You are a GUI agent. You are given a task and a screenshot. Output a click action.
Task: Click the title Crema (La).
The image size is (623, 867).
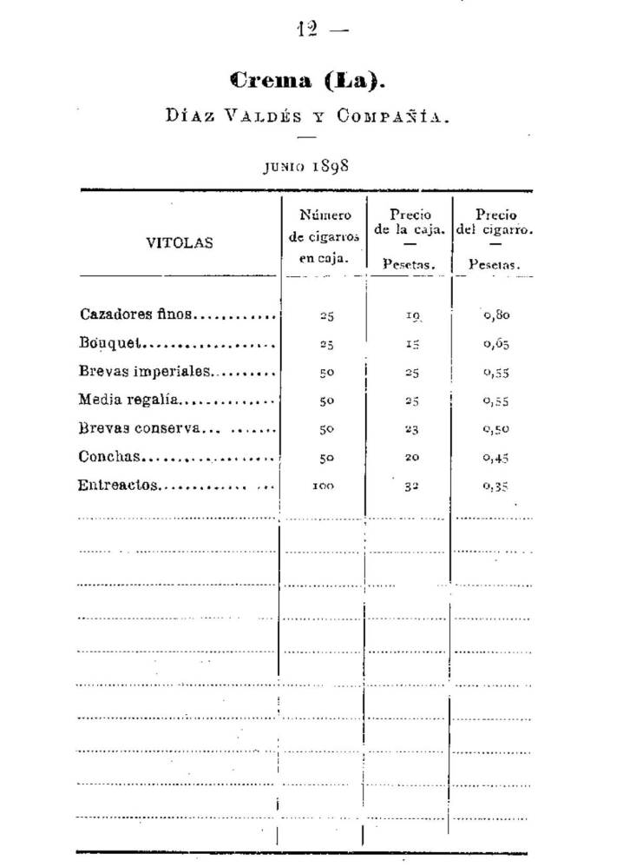[x=307, y=82]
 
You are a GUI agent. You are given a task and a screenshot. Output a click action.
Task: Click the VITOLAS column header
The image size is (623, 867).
[x=180, y=243]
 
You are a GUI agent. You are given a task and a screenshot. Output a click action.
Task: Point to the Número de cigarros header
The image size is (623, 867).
[x=323, y=235]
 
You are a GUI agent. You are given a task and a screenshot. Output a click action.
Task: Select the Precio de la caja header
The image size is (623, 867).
[x=409, y=222]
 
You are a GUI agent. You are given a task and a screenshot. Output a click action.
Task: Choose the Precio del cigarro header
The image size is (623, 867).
[x=495, y=222]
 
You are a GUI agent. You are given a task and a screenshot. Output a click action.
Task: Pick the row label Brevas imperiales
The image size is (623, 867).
[x=144, y=371]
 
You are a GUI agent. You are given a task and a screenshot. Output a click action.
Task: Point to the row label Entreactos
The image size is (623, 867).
[x=119, y=485]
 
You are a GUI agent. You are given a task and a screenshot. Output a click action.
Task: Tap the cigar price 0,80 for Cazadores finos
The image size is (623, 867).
[x=495, y=315]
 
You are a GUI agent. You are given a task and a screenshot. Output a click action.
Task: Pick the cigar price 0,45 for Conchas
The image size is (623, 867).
[x=495, y=459]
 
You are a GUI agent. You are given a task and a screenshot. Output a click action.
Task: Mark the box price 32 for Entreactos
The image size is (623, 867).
[x=411, y=487]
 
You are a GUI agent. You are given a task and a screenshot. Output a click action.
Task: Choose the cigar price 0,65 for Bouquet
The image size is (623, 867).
[x=495, y=344]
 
